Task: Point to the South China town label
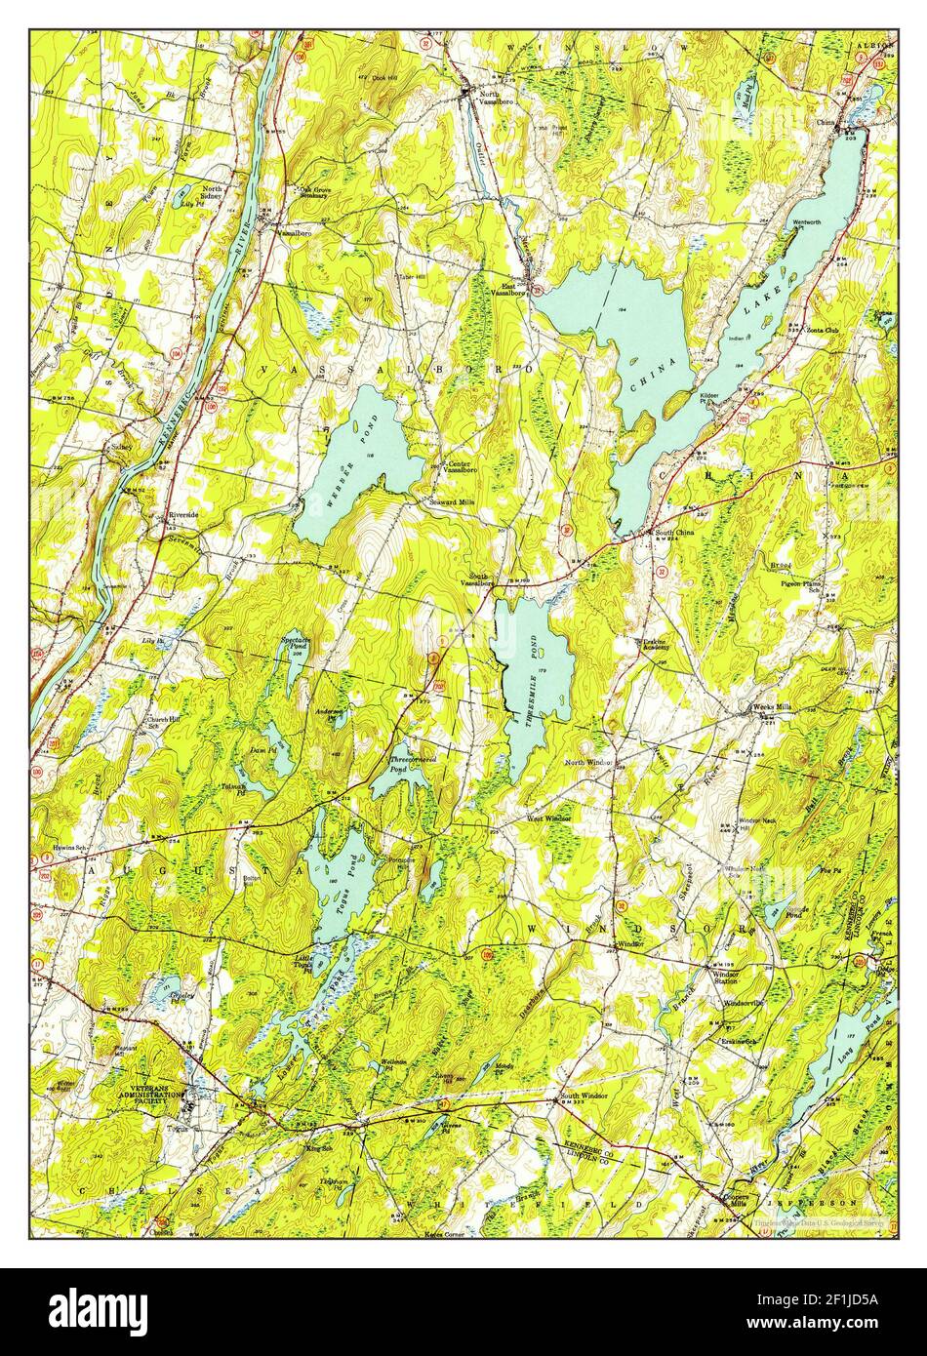click(674, 533)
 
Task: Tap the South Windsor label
click(584, 1096)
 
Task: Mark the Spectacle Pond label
click(297, 644)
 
